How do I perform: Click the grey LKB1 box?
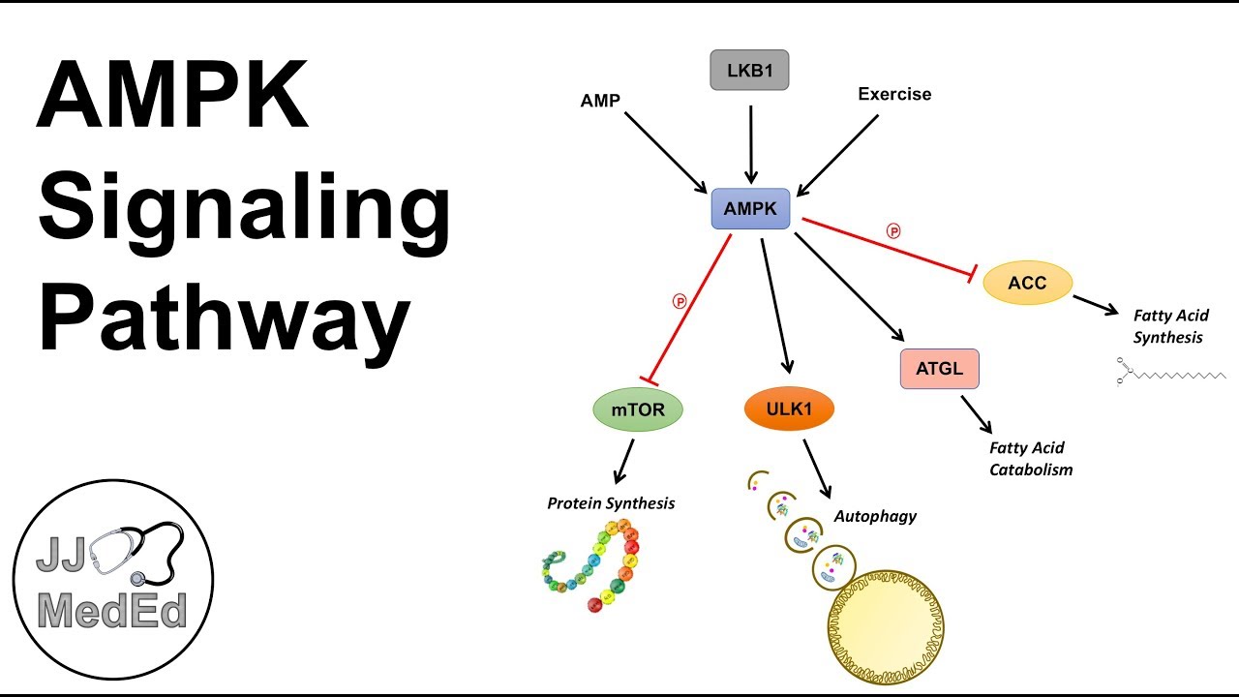[749, 70]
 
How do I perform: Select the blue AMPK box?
[750, 209]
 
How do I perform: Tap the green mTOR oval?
[637, 409]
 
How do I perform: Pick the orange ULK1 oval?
[789, 409]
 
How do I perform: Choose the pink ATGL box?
[939, 369]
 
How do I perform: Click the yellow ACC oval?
[1027, 283]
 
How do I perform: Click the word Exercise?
[894, 94]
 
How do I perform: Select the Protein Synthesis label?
[611, 503]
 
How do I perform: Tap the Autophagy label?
[875, 516]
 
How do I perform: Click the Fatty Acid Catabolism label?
[1031, 459]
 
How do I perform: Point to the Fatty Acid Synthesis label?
[1170, 326]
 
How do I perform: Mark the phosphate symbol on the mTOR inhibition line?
[680, 301]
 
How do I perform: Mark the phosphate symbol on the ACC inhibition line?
[892, 231]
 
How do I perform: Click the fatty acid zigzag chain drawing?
[1171, 373]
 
